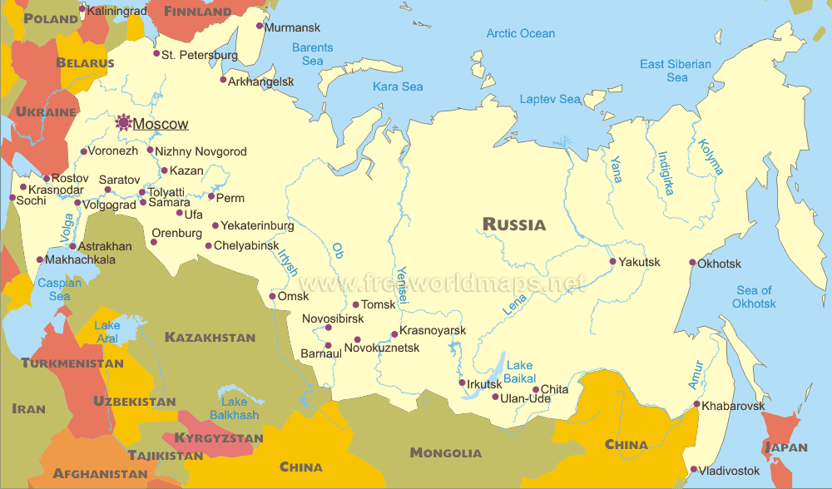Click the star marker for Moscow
coord(124,123)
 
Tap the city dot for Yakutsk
coord(613,262)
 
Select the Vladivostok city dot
coord(693,470)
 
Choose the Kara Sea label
coord(398,86)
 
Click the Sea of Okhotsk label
coord(755,297)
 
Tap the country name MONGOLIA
coord(445,453)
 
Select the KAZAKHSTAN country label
coord(210,337)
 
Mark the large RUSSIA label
coord(514,224)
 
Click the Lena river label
coord(513,304)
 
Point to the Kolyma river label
coord(711,156)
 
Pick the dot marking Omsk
coord(272,296)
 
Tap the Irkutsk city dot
coord(463,383)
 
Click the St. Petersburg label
coord(200,56)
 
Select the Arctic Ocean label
coord(520,33)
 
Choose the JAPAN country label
coord(785,447)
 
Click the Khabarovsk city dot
coord(696,405)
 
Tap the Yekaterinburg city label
coord(257,225)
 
